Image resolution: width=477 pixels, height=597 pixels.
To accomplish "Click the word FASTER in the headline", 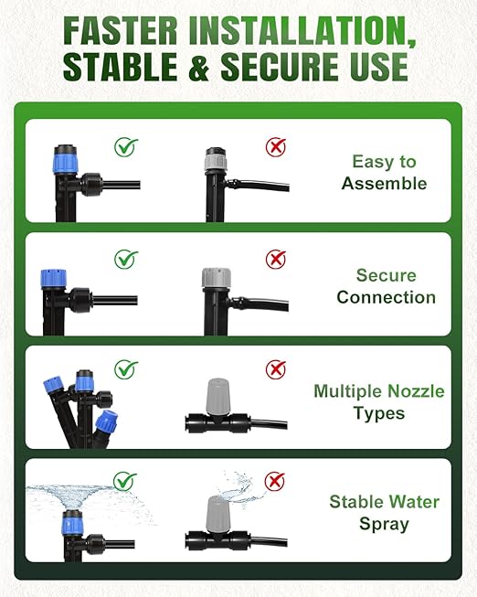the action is pos(120,30).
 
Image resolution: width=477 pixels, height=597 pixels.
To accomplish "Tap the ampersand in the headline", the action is pos(199,67).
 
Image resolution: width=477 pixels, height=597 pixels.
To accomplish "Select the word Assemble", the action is pos(384,184).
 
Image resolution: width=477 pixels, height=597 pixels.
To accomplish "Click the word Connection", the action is pos(386,297).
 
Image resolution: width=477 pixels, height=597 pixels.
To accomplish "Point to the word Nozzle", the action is pos(416,391).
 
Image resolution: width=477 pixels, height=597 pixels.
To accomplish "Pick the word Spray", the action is pos(384,524).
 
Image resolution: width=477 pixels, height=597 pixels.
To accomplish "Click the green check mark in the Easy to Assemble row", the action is pos(126,147).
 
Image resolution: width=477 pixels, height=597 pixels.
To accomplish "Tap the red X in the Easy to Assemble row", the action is pos(276,147).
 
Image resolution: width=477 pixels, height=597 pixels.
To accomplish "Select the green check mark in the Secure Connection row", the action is pos(126,260).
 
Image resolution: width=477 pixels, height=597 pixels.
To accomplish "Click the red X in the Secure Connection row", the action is pos(276,260).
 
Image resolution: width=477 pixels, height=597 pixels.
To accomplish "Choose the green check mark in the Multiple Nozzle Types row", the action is pos(126,369).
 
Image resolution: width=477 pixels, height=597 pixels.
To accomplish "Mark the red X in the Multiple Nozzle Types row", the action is pos(276,369).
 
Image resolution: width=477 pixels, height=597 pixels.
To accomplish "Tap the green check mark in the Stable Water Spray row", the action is pos(125,481).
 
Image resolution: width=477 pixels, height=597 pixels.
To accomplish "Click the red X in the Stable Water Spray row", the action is pos(275,481).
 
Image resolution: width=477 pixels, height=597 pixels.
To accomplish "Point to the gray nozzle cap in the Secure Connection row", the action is pos(217,278).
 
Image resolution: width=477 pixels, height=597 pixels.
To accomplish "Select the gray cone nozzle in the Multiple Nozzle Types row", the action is pos(217,397).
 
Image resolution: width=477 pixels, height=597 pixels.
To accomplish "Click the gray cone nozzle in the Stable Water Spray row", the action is pos(217,515).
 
